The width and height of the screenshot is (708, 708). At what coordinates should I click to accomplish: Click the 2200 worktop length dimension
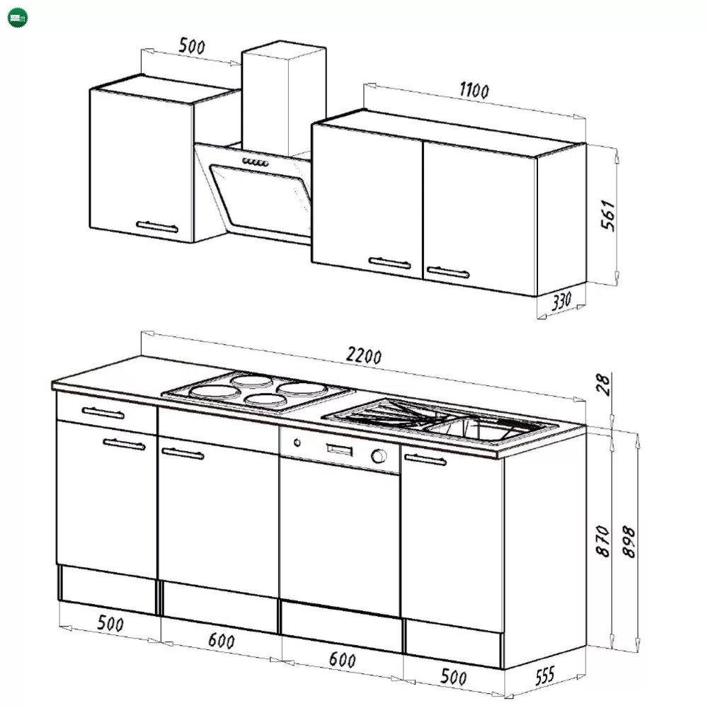click(x=364, y=355)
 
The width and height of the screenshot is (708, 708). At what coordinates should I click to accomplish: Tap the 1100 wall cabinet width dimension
click(x=474, y=91)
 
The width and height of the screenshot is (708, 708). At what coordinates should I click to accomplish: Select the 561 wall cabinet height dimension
click(x=608, y=215)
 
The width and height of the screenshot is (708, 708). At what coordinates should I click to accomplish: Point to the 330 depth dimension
click(x=561, y=301)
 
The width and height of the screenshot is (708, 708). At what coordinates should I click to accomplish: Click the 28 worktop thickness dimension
click(x=603, y=384)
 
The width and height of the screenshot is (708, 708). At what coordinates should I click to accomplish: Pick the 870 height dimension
click(x=603, y=541)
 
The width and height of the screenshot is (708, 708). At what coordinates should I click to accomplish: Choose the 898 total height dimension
click(x=629, y=542)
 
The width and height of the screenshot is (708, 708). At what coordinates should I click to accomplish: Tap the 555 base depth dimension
click(x=545, y=676)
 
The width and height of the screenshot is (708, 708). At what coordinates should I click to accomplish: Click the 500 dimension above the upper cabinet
click(x=192, y=45)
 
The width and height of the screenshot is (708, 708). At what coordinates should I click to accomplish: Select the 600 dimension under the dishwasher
click(x=342, y=660)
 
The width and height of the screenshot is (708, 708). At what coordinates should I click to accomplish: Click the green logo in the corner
click(x=18, y=18)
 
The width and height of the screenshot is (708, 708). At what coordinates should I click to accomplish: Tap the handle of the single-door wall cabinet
click(x=157, y=227)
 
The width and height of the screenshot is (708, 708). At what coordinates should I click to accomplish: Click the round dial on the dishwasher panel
click(x=378, y=456)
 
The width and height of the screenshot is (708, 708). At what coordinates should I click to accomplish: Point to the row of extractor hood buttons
click(x=255, y=162)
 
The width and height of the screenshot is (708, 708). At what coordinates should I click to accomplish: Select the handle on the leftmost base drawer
click(x=103, y=413)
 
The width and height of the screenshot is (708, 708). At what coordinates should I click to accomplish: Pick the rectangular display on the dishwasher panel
click(x=340, y=450)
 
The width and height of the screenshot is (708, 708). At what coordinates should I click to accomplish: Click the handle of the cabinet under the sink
click(x=426, y=459)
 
